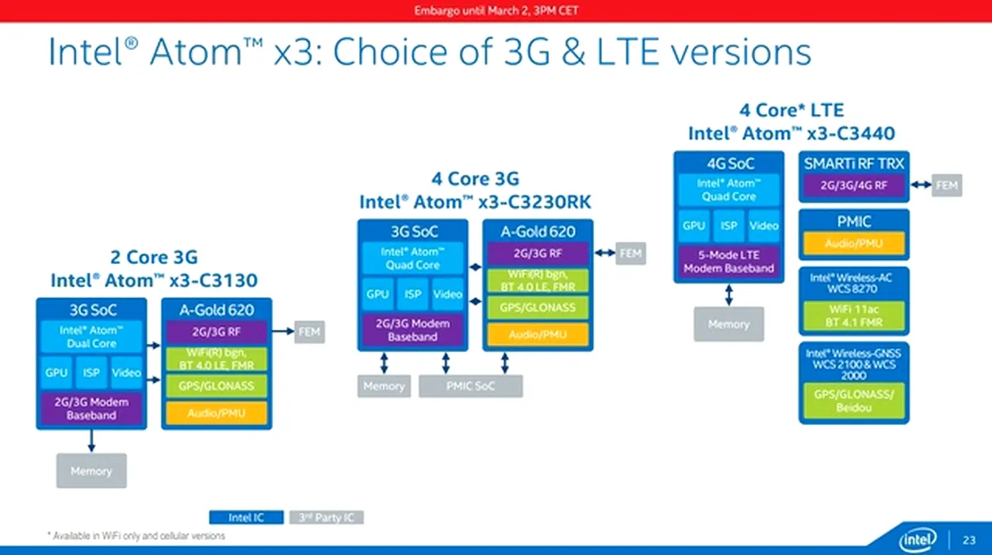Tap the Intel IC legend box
click(x=246, y=518)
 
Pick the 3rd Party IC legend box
click(x=326, y=518)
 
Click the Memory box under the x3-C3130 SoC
click(x=91, y=471)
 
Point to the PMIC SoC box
click(x=470, y=386)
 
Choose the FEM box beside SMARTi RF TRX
click(x=946, y=186)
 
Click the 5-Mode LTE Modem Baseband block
click(x=729, y=262)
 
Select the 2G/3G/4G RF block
click(x=853, y=186)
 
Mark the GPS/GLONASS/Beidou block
click(x=853, y=400)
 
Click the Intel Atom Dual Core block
click(x=91, y=337)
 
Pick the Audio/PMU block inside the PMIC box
click(x=853, y=243)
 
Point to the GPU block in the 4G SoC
click(x=694, y=226)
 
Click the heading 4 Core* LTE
click(x=791, y=110)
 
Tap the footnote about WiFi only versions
click(x=136, y=537)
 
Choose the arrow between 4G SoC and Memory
click(x=729, y=294)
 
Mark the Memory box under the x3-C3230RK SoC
click(x=384, y=386)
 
